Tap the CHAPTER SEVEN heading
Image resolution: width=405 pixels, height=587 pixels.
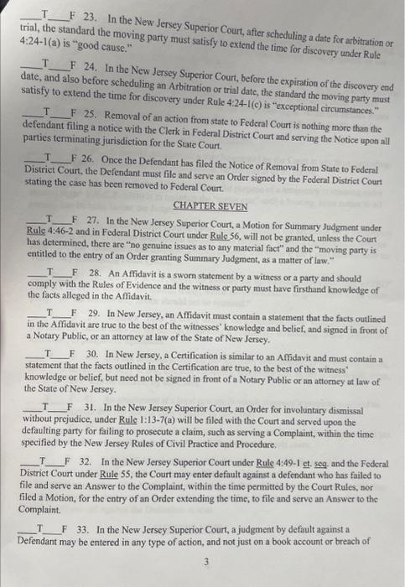click(203, 205)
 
